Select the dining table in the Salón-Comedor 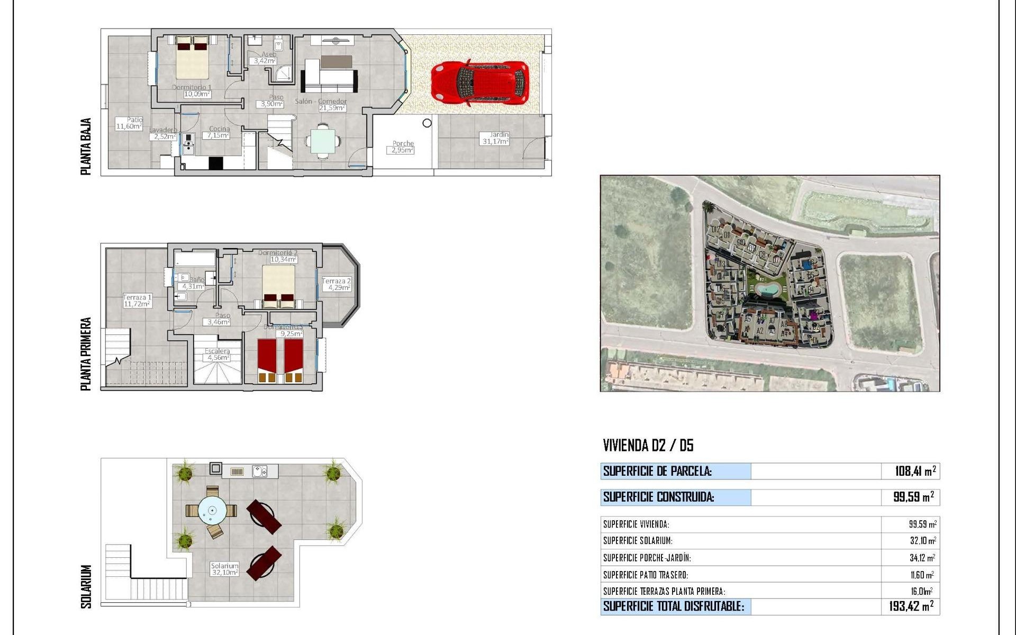click(322, 141)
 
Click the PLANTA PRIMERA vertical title click(86, 353)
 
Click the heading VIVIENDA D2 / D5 click(648, 446)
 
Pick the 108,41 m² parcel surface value click(915, 471)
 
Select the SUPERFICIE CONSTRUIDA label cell click(675, 497)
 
